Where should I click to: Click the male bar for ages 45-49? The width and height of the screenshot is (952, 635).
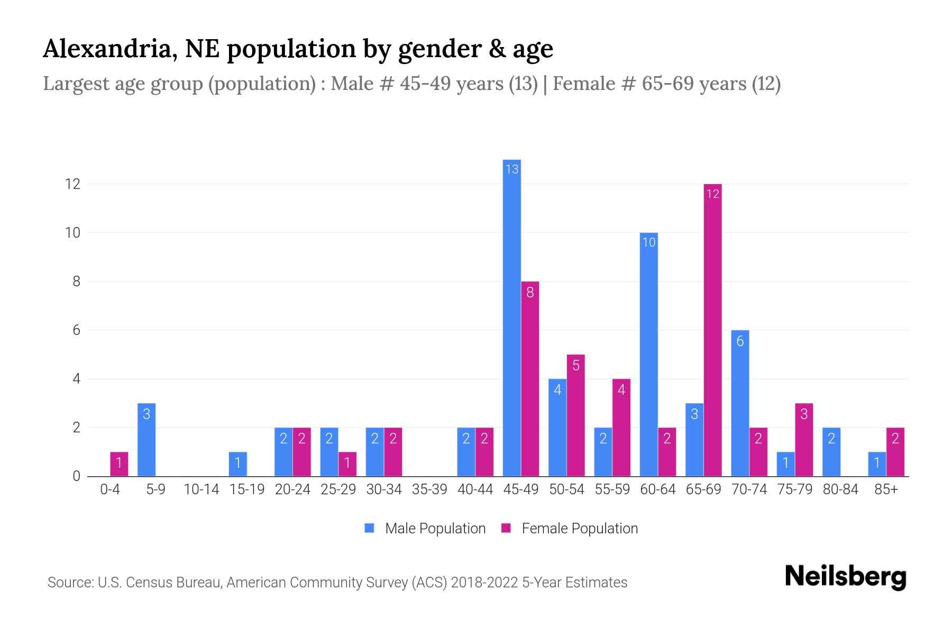(511, 317)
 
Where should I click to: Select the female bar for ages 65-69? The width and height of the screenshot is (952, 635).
(712, 331)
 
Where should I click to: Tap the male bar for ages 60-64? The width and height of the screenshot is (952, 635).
(648, 355)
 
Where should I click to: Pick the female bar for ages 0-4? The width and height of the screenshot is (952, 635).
(119, 464)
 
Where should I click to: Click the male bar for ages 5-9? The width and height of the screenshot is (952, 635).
(147, 440)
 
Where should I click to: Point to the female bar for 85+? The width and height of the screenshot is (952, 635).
(895, 452)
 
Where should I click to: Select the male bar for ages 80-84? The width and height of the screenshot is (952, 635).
(831, 452)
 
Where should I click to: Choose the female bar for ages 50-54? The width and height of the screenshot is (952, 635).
(575, 415)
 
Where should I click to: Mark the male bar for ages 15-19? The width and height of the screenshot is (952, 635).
(238, 464)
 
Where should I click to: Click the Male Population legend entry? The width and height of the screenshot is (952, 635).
(425, 528)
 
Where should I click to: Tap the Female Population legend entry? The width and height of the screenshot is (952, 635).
(570, 528)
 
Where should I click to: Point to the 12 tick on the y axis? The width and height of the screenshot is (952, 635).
(72, 184)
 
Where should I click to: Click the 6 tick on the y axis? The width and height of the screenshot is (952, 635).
(76, 330)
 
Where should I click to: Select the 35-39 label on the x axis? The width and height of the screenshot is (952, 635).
(429, 489)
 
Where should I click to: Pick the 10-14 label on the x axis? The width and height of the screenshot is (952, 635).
(201, 489)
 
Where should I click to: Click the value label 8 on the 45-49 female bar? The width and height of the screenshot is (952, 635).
(530, 292)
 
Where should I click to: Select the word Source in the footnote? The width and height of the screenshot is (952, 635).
(69, 583)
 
